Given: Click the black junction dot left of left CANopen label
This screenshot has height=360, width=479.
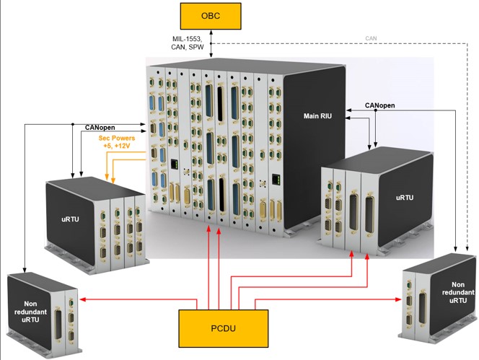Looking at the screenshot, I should [x=73, y=124].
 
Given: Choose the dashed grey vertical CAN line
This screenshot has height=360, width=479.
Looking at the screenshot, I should [x=467, y=144].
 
